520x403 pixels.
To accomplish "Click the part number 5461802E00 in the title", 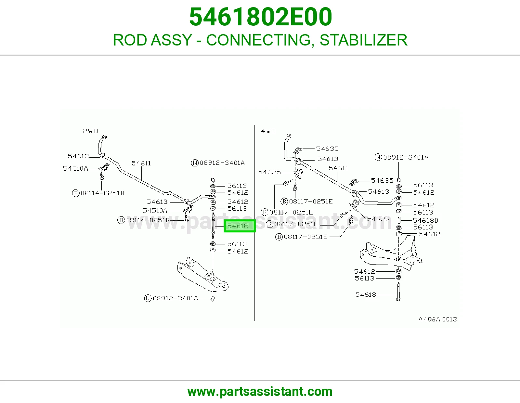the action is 260,17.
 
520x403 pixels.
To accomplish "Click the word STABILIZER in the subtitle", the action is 363,40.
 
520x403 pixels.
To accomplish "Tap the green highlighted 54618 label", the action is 240,226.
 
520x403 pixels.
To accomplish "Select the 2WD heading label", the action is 90,131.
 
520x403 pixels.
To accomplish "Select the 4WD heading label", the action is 268,131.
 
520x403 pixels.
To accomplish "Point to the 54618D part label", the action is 425,220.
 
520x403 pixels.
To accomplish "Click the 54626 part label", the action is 378,219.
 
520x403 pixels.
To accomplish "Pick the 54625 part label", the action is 269,172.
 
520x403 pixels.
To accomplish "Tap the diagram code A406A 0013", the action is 438,319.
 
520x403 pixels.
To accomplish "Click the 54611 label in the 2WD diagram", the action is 141,163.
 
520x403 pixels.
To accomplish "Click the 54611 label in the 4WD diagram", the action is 338,168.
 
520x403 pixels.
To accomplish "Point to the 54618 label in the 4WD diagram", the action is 366,294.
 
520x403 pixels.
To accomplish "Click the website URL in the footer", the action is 260,392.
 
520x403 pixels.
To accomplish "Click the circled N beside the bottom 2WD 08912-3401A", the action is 148,298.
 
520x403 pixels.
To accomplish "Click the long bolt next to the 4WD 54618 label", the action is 398,292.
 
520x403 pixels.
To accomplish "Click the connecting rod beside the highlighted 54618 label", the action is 213,226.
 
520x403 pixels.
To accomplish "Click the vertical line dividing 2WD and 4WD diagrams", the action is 254,223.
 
